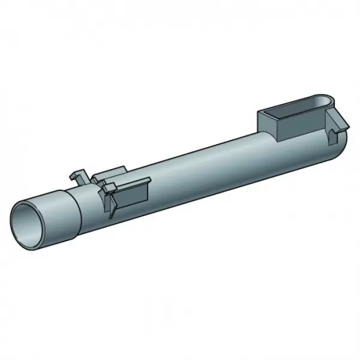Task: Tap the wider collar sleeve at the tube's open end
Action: click(60, 207)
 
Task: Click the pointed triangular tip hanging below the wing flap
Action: click(111, 210)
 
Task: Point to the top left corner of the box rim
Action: click(260, 112)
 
